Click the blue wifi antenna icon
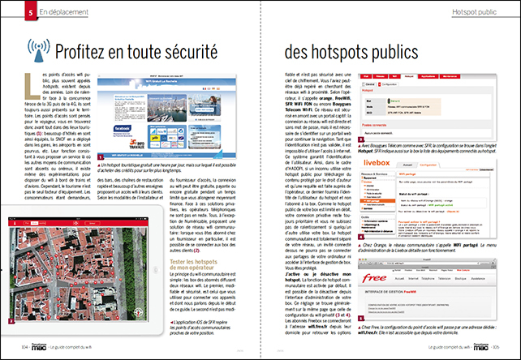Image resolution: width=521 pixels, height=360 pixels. pyautogui.click(x=38, y=49)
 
